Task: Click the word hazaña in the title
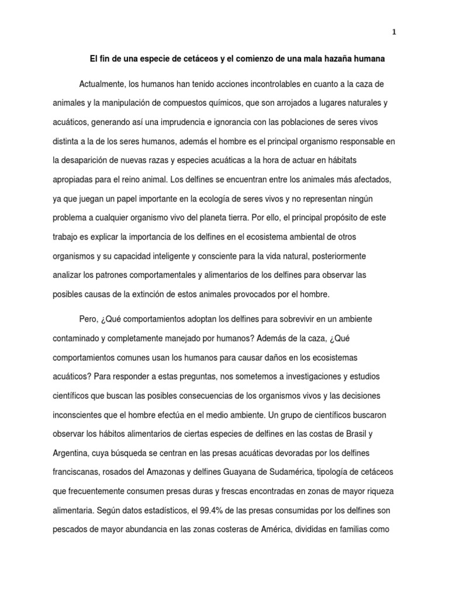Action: click(340, 59)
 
